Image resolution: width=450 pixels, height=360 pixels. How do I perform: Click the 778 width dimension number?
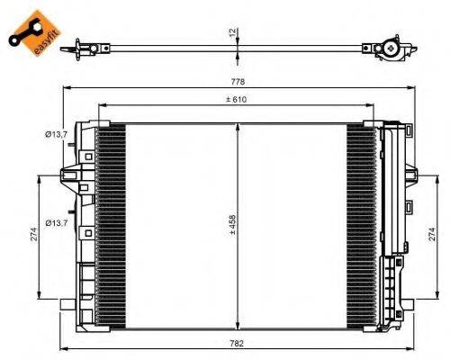pos(236,83)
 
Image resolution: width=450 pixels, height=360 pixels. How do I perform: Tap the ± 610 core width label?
pos(238,99)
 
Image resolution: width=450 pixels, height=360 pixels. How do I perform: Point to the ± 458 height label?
pos(231,224)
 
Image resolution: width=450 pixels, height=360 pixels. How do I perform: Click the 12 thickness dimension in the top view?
pos(231,33)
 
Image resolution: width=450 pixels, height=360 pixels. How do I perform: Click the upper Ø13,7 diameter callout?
pos(57,134)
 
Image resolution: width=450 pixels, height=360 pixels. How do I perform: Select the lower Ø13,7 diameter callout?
pos(57,222)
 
